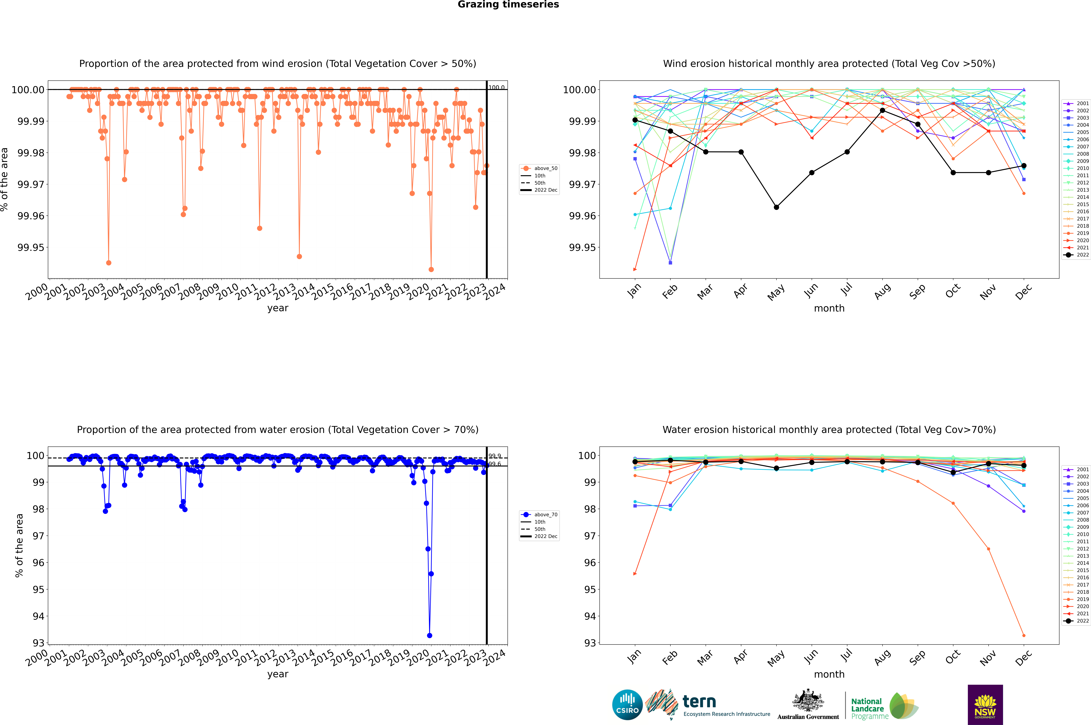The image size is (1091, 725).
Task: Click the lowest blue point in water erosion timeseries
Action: point(430,635)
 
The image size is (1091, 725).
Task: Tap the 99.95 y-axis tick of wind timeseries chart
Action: point(31,247)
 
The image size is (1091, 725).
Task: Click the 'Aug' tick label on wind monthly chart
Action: point(882,291)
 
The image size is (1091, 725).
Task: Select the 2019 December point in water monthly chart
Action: point(1024,635)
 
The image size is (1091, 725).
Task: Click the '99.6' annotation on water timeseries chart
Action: point(494,464)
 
